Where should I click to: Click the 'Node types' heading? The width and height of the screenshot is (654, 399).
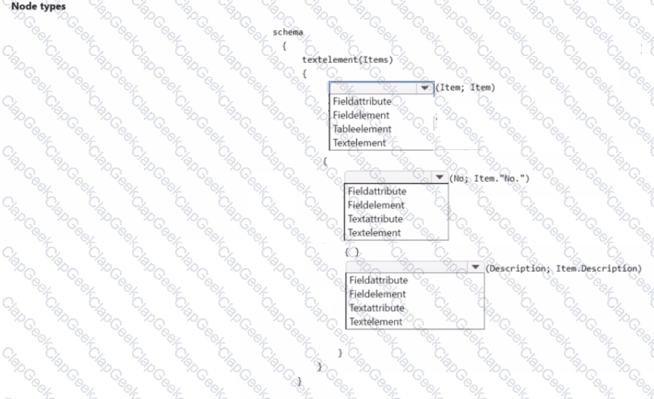(39, 6)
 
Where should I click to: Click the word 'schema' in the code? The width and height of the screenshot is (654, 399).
(288, 32)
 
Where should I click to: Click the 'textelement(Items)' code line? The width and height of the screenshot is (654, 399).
(347, 60)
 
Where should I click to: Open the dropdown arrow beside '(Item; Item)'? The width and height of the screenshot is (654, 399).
(424, 88)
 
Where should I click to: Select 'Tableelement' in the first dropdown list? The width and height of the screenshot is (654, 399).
(362, 129)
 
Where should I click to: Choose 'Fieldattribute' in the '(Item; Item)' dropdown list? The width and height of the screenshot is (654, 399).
(362, 101)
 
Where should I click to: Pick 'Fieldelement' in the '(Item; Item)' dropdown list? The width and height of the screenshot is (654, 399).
(361, 115)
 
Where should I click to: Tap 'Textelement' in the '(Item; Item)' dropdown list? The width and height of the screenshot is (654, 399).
(359, 143)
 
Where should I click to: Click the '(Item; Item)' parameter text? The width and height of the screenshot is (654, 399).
(465, 88)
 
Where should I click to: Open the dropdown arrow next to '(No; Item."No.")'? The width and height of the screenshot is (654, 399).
(440, 177)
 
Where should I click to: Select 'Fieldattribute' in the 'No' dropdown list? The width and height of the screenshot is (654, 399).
(377, 191)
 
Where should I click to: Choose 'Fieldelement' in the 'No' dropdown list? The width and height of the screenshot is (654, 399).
(376, 205)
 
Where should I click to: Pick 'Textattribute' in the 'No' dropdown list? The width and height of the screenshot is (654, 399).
(375, 219)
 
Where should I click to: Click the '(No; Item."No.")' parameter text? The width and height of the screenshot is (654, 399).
(490, 178)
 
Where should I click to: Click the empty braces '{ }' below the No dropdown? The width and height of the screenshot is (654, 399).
(352, 251)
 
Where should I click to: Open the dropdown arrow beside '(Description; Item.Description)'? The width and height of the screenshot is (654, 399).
(475, 267)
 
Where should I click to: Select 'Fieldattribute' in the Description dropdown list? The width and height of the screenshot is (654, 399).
(379, 280)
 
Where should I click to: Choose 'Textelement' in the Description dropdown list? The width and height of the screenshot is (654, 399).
(376, 322)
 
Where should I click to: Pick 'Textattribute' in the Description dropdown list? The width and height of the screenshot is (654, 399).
(377, 308)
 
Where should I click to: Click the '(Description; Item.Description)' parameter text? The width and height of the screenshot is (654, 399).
(564, 268)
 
